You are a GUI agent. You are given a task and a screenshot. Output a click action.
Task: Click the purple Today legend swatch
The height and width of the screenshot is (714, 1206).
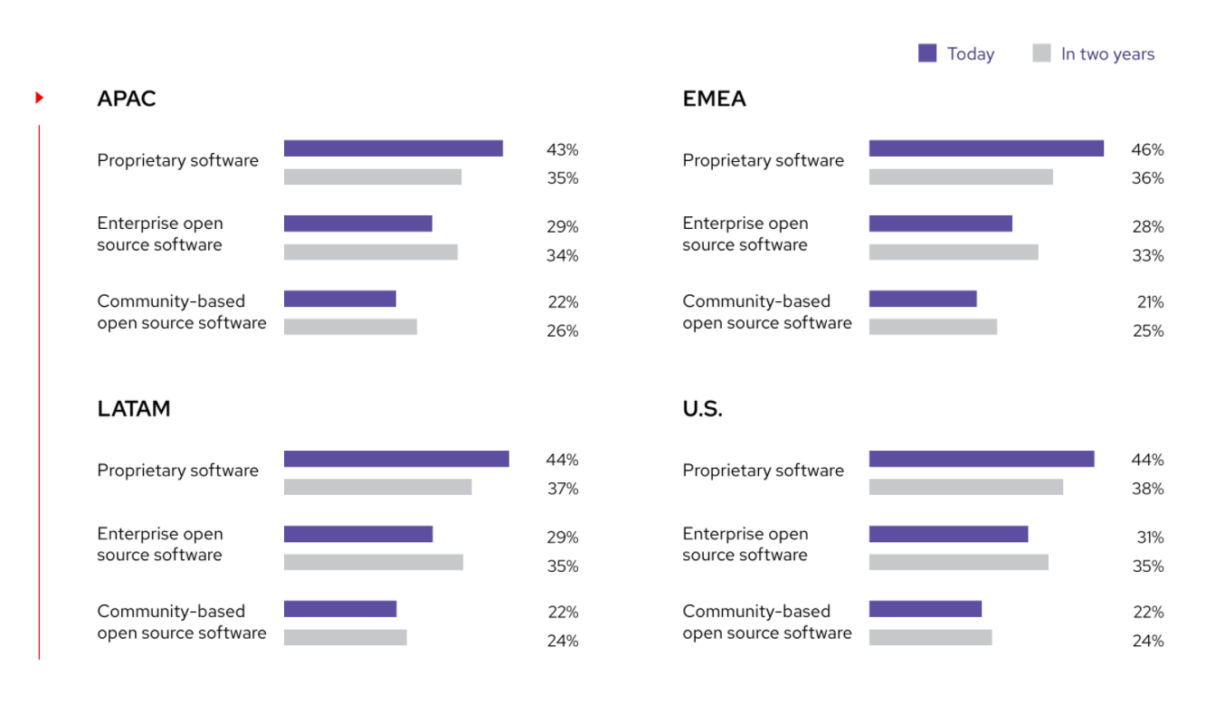[926, 53]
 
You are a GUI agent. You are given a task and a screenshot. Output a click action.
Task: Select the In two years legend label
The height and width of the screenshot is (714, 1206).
[1107, 54]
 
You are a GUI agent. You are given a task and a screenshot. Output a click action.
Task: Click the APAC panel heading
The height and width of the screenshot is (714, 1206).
[127, 99]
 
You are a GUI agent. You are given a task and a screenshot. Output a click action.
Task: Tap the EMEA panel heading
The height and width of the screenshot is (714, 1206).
[714, 99]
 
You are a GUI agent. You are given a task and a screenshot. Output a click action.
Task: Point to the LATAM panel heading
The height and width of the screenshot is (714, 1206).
[134, 409]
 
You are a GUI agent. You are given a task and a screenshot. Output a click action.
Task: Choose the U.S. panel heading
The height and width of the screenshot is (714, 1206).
[702, 409]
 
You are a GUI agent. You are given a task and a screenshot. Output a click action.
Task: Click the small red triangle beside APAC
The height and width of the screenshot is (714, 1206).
[40, 97]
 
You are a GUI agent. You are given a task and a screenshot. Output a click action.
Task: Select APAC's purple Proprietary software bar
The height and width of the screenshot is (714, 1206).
[393, 148]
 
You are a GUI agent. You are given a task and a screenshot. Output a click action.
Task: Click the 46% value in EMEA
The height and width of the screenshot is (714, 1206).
[1147, 150]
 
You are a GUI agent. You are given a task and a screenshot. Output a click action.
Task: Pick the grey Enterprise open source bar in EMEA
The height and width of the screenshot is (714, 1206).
[954, 252]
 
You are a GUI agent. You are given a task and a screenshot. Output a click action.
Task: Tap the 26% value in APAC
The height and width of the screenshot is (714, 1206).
[562, 331]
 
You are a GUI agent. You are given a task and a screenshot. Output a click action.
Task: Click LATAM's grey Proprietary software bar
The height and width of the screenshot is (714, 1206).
[377, 487]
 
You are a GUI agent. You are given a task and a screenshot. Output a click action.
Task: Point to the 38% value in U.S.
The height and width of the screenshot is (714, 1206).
[1147, 489]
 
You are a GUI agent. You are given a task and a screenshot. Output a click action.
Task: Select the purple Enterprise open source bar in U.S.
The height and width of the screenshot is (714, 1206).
[948, 534]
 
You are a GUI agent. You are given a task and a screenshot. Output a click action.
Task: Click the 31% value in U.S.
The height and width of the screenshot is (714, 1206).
[1150, 538]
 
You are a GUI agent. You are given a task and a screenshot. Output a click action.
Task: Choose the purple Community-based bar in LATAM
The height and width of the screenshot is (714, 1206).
[340, 609]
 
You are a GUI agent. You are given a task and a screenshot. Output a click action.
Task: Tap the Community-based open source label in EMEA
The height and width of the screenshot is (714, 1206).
[766, 312]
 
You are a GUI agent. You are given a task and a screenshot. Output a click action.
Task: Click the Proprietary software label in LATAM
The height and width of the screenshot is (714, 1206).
[177, 471]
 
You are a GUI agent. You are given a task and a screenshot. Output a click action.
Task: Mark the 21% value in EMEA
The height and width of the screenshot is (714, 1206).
[1150, 302]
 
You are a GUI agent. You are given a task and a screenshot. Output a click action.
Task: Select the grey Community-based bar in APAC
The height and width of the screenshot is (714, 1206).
[350, 327]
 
